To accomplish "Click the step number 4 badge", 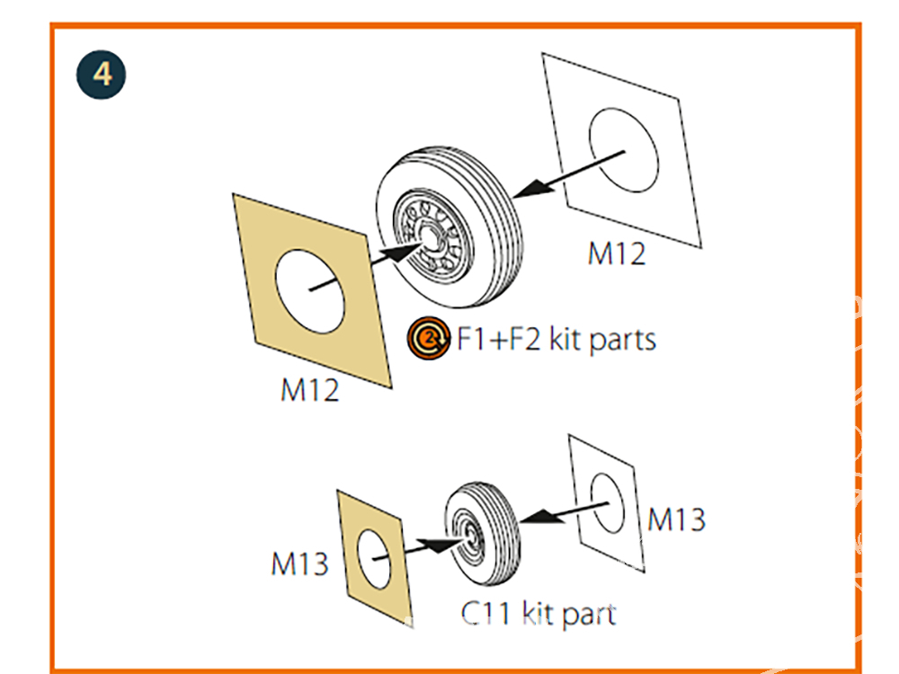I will pyautogui.click(x=102, y=74).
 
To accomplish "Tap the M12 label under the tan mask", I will pyautogui.click(x=310, y=391).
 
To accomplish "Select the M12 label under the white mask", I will pyautogui.click(x=616, y=253).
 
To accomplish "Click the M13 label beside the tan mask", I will pyautogui.click(x=299, y=564).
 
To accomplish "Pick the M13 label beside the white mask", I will pyautogui.click(x=676, y=519).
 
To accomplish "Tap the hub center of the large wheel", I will pyautogui.click(x=434, y=237).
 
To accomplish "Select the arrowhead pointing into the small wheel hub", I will pyautogui.click(x=440, y=545).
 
